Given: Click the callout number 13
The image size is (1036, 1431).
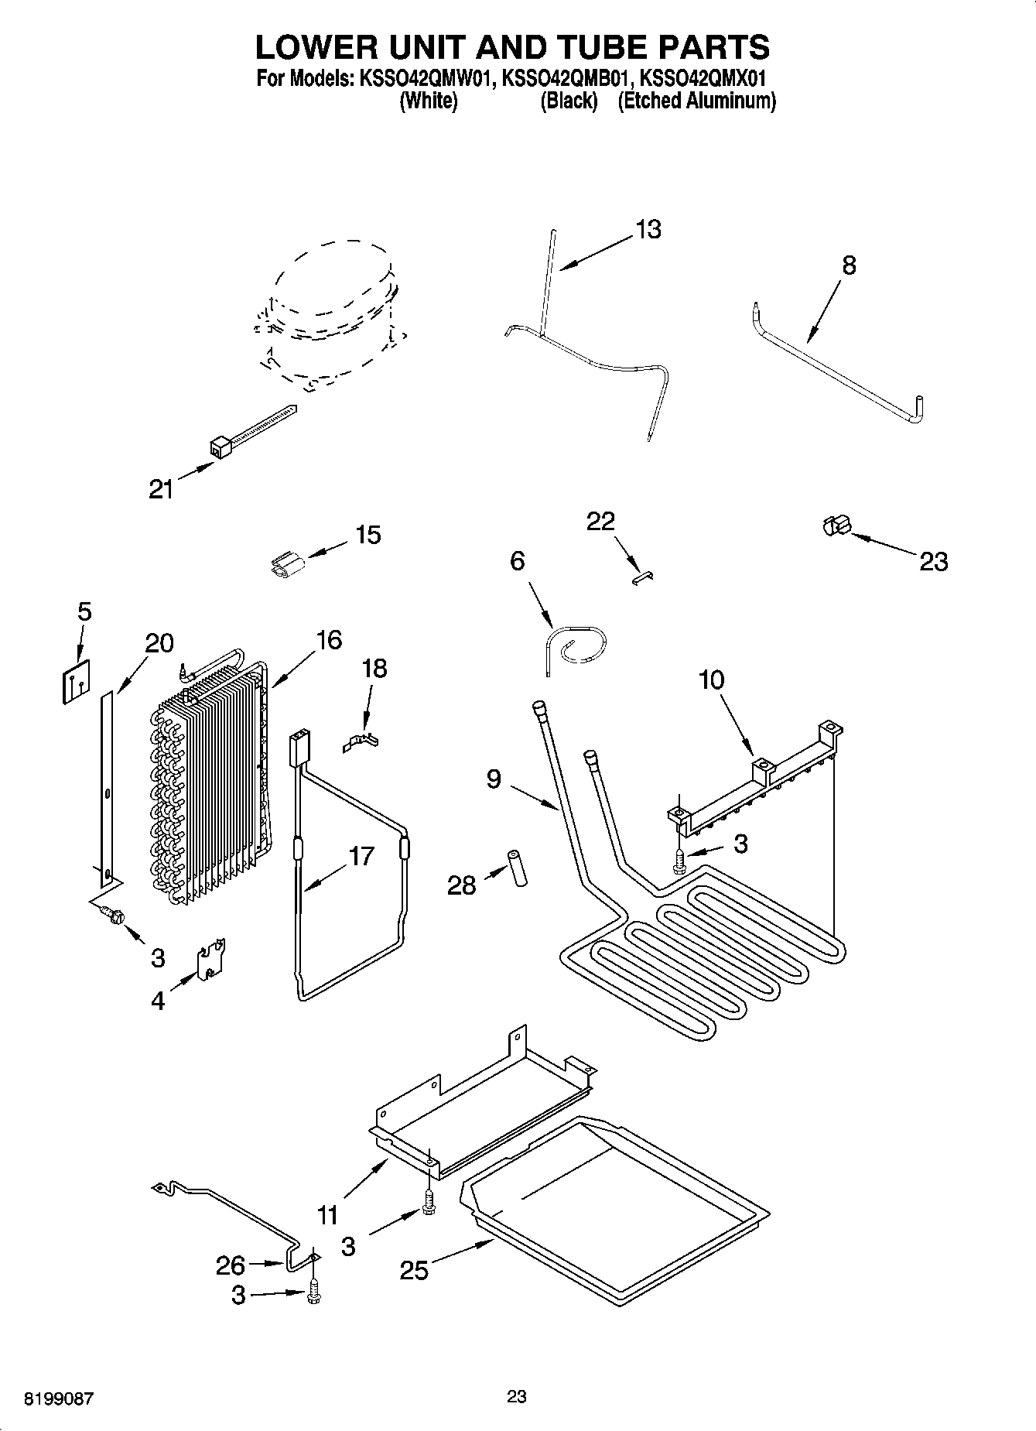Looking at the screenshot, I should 648,230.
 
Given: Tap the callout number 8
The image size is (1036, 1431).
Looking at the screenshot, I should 849,265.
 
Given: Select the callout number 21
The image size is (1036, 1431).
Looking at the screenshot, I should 161,489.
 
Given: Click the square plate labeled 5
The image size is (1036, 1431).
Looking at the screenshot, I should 75,677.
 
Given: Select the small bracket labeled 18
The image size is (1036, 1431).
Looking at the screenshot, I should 361,742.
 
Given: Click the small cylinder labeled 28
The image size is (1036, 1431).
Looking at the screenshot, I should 516,868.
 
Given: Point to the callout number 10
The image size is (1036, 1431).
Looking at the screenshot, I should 711,680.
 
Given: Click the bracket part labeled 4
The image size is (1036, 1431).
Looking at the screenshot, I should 210,960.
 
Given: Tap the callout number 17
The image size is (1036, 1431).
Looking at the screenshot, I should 361,856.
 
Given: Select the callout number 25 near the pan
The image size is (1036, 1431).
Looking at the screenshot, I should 414,1270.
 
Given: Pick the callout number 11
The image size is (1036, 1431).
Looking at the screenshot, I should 327,1215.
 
